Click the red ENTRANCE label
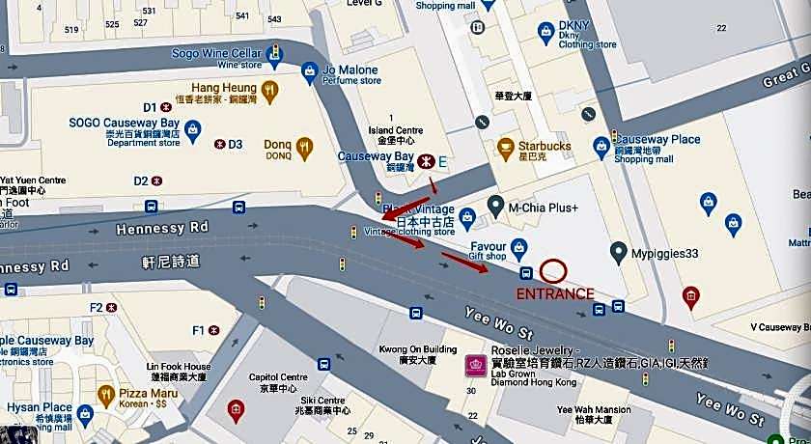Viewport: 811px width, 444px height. pyautogui.click(x=555, y=293)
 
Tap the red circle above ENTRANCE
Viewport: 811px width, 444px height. pyautogui.click(x=554, y=271)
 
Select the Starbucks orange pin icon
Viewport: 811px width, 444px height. pyautogui.click(x=505, y=148)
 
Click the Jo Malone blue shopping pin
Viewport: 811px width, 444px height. pyautogui.click(x=309, y=70)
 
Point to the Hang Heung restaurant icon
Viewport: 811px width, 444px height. pyautogui.click(x=271, y=93)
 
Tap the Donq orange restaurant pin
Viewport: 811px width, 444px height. pyautogui.click(x=305, y=149)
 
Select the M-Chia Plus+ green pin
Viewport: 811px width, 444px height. pyautogui.click(x=496, y=205)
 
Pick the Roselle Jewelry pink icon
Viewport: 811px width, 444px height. pyautogui.click(x=476, y=365)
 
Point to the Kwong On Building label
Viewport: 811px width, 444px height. pyautogui.click(x=417, y=348)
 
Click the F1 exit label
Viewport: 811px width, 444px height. pyautogui.click(x=200, y=330)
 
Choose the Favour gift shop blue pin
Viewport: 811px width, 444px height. pyautogui.click(x=518, y=246)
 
